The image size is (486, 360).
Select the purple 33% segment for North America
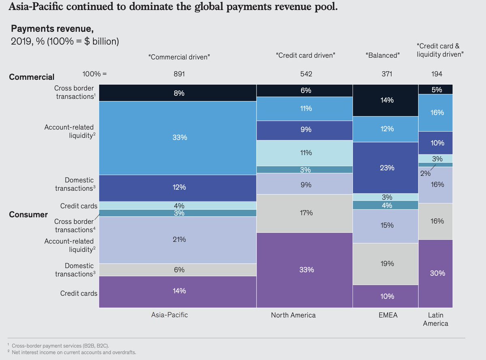pyautogui.click(x=305, y=270)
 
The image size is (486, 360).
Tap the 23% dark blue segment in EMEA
pyautogui.click(x=387, y=168)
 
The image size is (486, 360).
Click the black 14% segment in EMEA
pyautogui.click(x=387, y=100)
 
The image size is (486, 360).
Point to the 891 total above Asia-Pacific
pyautogui.click(x=179, y=74)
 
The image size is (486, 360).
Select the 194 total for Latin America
pyautogui.click(x=437, y=74)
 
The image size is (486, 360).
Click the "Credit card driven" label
pyautogui.click(x=306, y=55)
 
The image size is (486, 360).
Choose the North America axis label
pyautogui.click(x=293, y=315)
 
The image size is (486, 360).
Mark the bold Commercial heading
pyautogui.click(x=32, y=77)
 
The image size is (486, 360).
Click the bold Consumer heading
pyautogui.click(x=28, y=215)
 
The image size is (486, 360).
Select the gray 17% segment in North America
pyautogui.click(x=305, y=213)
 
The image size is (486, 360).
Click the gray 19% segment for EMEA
pyautogui.click(x=387, y=264)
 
